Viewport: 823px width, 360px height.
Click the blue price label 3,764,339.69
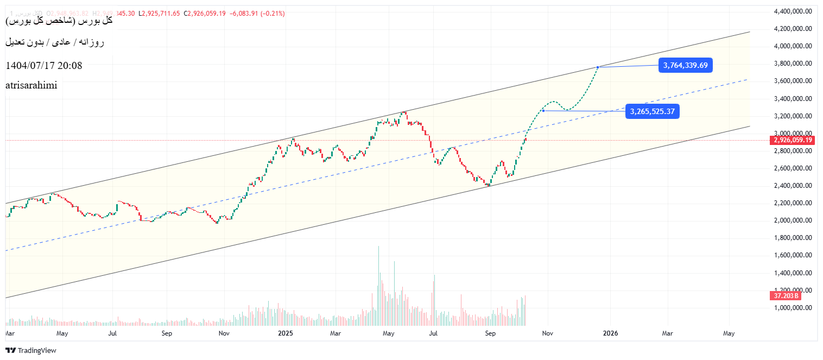[x=685, y=66]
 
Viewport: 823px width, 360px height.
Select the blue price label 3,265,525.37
[x=652, y=111]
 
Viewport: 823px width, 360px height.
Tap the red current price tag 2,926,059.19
[x=793, y=140]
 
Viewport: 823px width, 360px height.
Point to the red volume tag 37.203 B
[x=786, y=296]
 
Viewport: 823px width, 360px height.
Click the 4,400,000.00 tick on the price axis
[x=793, y=11]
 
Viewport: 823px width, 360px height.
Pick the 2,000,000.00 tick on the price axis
[x=793, y=220]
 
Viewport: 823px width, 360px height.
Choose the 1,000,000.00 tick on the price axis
[x=793, y=308]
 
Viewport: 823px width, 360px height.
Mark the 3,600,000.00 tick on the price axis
[x=793, y=81]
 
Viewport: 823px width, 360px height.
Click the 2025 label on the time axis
[x=285, y=333]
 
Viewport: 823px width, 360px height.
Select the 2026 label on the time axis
[x=611, y=333]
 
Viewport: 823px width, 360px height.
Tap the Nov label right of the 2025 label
[x=547, y=333]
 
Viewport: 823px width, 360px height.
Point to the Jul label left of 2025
[x=113, y=333]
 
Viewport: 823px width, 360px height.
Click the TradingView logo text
[x=36, y=350]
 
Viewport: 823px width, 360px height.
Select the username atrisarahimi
[x=31, y=85]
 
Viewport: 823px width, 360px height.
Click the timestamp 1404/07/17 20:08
[x=43, y=66]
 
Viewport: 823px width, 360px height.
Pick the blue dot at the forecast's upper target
[x=598, y=67]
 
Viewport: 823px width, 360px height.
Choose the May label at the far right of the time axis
[x=729, y=333]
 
